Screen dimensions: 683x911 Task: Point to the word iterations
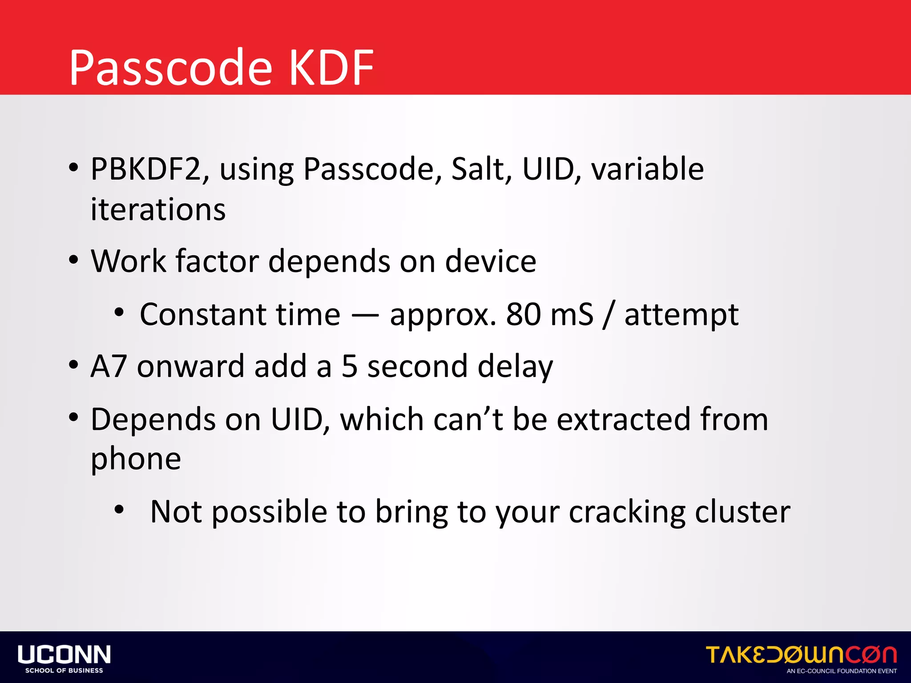coord(158,209)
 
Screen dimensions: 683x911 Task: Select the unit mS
coord(572,314)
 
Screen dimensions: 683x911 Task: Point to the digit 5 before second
coord(350,366)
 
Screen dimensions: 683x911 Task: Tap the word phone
coord(136,459)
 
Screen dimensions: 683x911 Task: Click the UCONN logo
coord(64,658)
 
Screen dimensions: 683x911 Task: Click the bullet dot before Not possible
coord(119,510)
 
